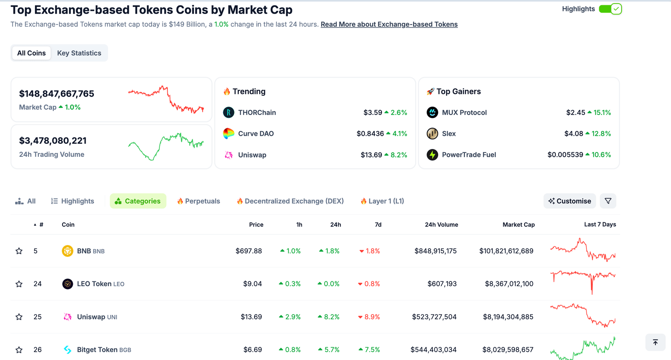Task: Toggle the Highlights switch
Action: (x=610, y=9)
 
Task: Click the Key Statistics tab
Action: (x=79, y=53)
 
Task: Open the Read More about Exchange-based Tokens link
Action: (x=389, y=24)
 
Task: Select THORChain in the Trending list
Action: (x=257, y=113)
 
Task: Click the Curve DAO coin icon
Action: (x=228, y=134)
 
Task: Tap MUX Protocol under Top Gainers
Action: (x=464, y=113)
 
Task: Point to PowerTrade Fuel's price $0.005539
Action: (x=565, y=155)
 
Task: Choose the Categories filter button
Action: (x=138, y=201)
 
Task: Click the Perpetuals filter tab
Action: (x=199, y=201)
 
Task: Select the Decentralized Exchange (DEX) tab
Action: (x=290, y=201)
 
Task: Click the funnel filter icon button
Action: (x=608, y=201)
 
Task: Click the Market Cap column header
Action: (x=519, y=225)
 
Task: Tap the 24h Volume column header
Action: (x=441, y=225)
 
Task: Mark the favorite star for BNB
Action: (x=19, y=251)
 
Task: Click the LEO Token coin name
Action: (x=94, y=284)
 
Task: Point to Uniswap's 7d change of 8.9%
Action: (x=369, y=317)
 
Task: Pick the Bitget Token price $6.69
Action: (x=252, y=350)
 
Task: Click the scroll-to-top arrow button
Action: (x=655, y=343)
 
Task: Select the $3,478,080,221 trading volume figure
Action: (x=53, y=141)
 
